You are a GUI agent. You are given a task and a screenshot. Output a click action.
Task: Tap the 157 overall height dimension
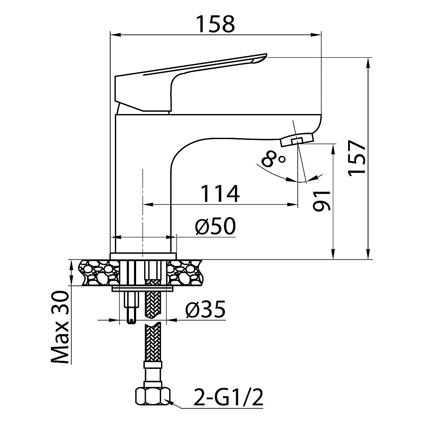357,158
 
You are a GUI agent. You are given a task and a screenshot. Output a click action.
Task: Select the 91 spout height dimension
322,201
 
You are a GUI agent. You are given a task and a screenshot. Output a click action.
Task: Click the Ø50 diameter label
215,226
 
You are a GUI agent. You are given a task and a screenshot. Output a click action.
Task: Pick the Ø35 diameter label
206,309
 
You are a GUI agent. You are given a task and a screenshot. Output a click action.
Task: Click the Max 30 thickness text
60,327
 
